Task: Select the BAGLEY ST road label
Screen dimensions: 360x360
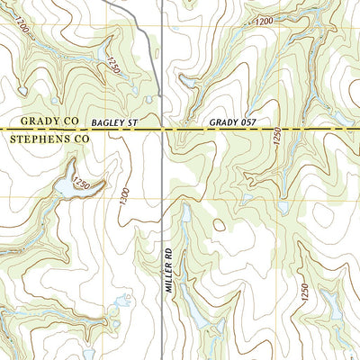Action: pos(111,120)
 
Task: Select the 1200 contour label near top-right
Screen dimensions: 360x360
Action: pos(264,21)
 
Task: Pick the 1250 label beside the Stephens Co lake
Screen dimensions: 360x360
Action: pos(83,183)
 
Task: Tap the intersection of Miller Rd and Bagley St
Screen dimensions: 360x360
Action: pos(161,130)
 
